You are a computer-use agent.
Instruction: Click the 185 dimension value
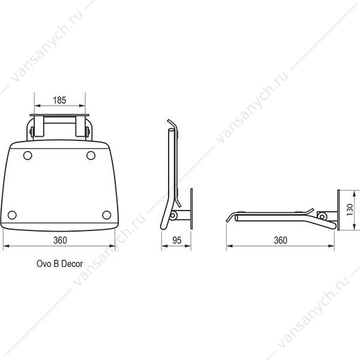coord(59,100)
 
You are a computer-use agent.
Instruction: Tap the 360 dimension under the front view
coord(60,240)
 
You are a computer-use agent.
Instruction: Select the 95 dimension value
coord(177,240)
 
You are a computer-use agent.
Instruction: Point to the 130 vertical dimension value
coord(350,209)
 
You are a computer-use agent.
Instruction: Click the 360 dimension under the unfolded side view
coord(281,240)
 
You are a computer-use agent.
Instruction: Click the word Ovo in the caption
coord(44,263)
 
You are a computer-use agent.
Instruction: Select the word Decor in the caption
coord(72,263)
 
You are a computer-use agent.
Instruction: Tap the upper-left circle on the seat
coord(28,155)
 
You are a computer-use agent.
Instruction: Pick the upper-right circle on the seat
coord(91,155)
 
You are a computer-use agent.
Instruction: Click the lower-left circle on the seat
coord(12,215)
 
